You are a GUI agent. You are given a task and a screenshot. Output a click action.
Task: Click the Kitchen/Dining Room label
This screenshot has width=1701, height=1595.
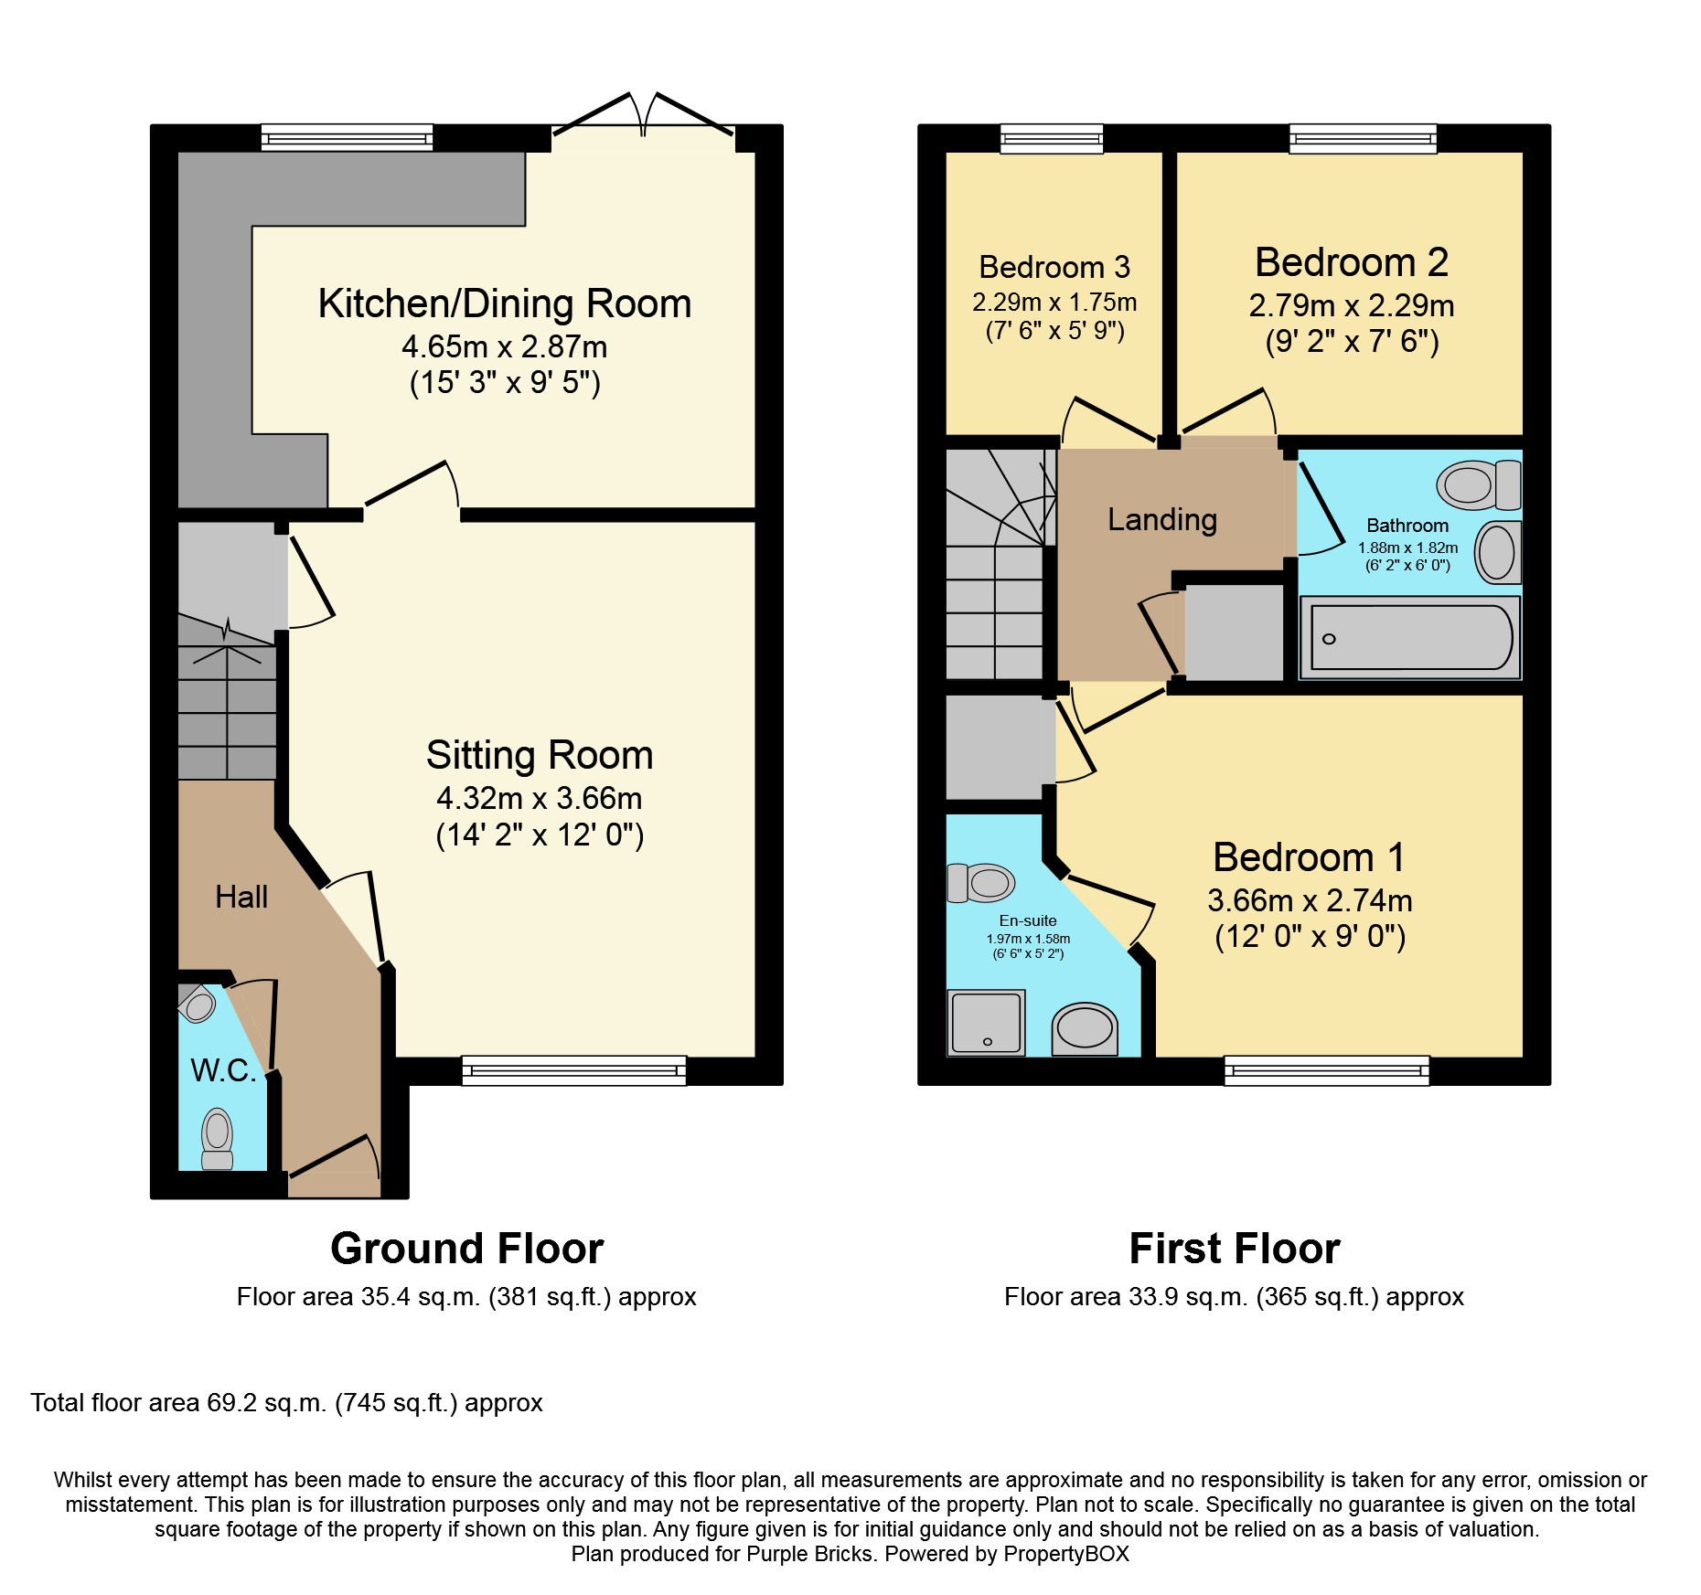point(504,304)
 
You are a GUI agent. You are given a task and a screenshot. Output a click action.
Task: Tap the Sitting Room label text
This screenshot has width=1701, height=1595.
point(540,756)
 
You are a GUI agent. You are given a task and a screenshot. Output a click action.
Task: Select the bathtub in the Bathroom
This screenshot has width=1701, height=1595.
point(1410,638)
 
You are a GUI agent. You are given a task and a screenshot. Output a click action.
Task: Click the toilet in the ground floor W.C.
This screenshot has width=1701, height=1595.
point(218,1139)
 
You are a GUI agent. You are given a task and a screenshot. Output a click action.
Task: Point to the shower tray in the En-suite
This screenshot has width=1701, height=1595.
point(986,1023)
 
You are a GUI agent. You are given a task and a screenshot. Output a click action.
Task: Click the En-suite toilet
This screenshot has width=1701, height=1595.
point(981,883)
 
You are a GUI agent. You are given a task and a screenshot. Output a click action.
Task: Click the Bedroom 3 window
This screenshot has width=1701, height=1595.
point(1052,138)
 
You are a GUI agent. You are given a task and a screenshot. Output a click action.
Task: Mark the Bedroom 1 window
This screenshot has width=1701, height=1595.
point(1327,1070)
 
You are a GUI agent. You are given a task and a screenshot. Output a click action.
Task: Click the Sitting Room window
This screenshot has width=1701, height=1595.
point(574,1070)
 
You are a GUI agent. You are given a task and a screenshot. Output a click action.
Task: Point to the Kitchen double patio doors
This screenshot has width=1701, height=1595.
point(643,119)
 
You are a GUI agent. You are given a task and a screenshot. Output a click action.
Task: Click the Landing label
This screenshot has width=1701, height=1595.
point(1162,520)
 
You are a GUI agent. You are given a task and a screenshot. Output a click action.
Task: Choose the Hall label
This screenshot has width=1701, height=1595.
point(241,897)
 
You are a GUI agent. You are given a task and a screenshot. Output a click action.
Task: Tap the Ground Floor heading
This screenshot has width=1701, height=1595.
point(467,1249)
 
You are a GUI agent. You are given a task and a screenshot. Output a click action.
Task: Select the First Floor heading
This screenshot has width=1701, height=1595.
point(1235,1249)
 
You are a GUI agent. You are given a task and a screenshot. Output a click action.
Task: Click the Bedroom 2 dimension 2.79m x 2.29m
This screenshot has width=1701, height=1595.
point(1352,305)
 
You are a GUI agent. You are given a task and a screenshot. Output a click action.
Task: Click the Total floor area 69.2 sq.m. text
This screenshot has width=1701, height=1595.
point(286,1403)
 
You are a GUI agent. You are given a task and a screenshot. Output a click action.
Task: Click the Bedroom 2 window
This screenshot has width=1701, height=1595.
point(1364,138)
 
